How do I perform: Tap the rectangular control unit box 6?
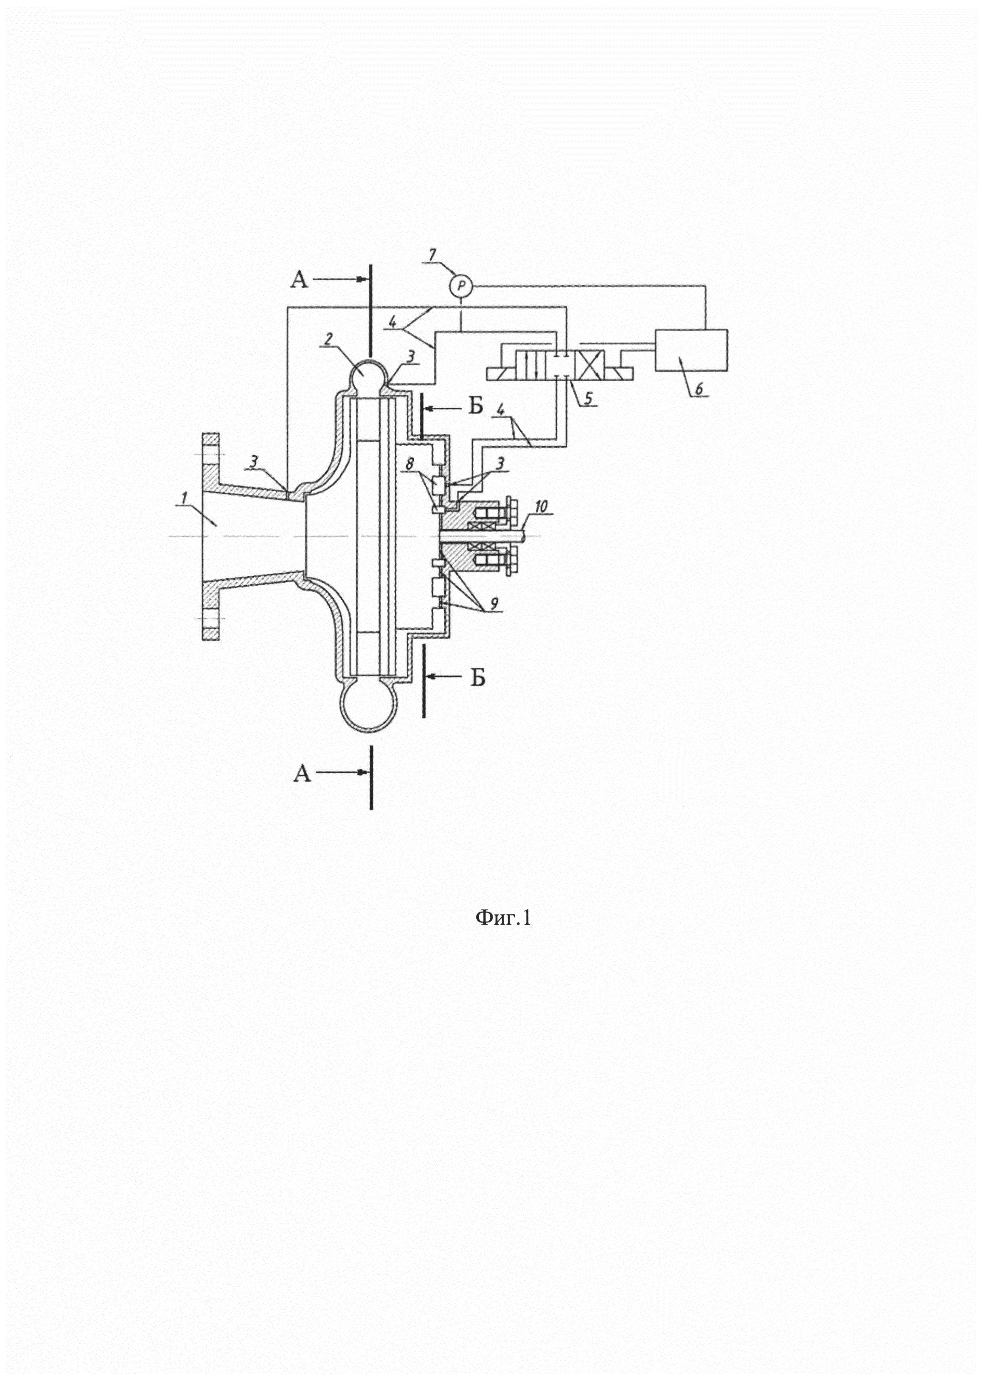click(x=691, y=349)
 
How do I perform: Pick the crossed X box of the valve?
click(x=591, y=366)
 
